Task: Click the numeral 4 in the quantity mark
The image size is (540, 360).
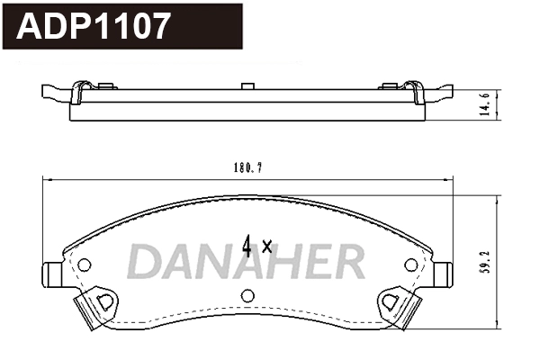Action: [x=247, y=244]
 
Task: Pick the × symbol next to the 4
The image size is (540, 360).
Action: [x=266, y=246]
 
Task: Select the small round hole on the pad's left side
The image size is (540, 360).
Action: [x=85, y=265]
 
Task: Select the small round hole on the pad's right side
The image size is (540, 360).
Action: [x=411, y=265]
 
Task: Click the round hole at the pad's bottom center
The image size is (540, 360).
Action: [x=248, y=295]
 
